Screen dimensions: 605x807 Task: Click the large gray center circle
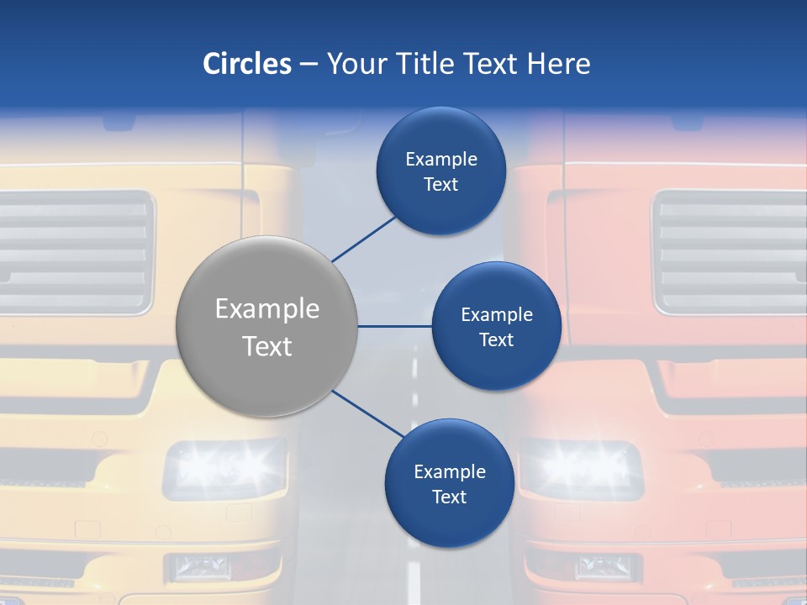267,326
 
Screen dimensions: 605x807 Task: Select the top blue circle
440,171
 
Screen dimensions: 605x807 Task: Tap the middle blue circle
496,326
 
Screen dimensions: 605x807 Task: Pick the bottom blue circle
449,483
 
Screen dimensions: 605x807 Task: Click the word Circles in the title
247,64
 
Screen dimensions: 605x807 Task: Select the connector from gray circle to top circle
365,239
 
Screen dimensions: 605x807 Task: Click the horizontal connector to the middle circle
394,326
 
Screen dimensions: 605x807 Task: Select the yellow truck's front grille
76,250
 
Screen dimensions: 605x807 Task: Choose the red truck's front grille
730,250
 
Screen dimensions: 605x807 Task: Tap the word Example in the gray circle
267,309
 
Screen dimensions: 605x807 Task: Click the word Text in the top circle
440,185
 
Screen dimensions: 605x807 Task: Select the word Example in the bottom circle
449,472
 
